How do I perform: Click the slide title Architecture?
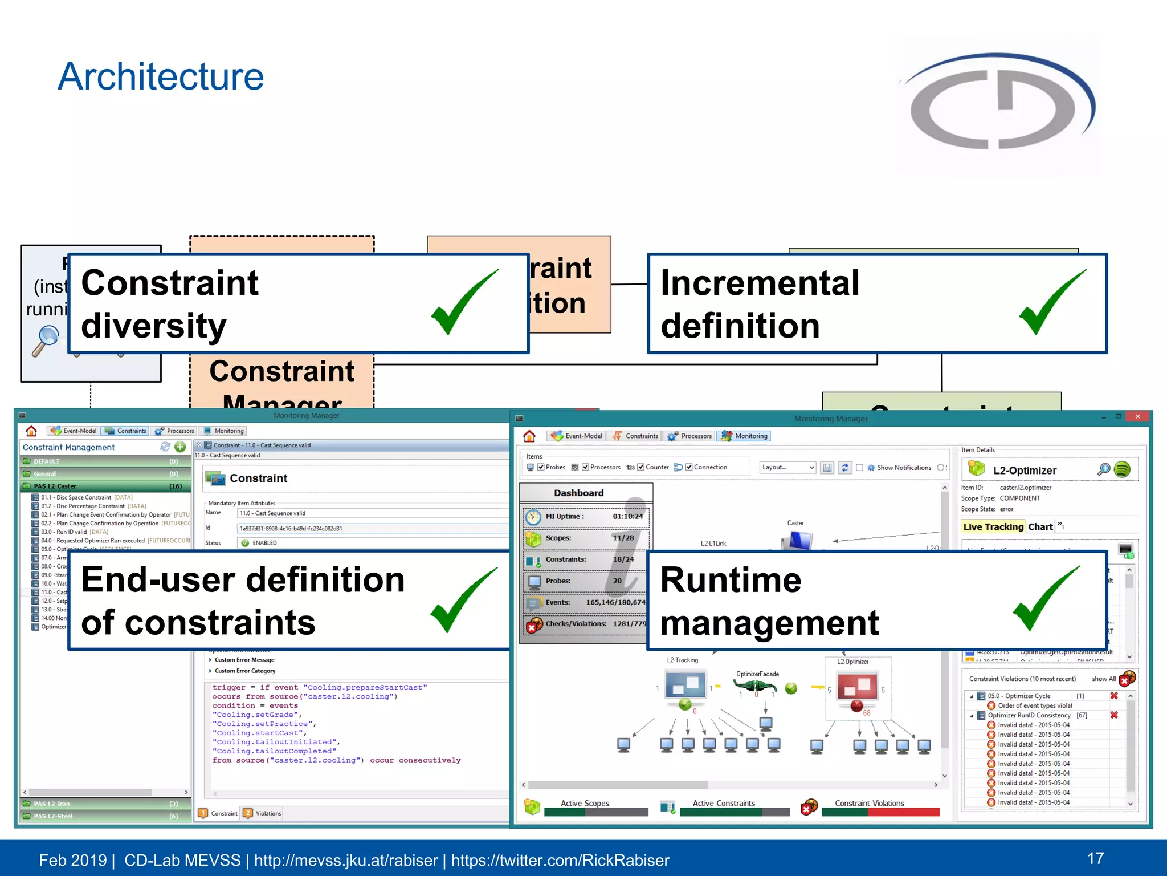point(161,76)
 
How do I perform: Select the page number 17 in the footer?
point(1095,858)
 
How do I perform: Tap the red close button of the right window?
point(1137,417)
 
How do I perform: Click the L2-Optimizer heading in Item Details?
point(1024,471)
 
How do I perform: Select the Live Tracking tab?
point(993,527)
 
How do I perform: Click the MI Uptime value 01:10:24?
point(627,517)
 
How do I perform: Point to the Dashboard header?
point(578,493)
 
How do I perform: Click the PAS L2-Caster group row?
point(103,486)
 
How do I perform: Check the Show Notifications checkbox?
point(860,468)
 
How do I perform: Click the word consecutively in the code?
point(430,760)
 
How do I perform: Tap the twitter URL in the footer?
point(560,860)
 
